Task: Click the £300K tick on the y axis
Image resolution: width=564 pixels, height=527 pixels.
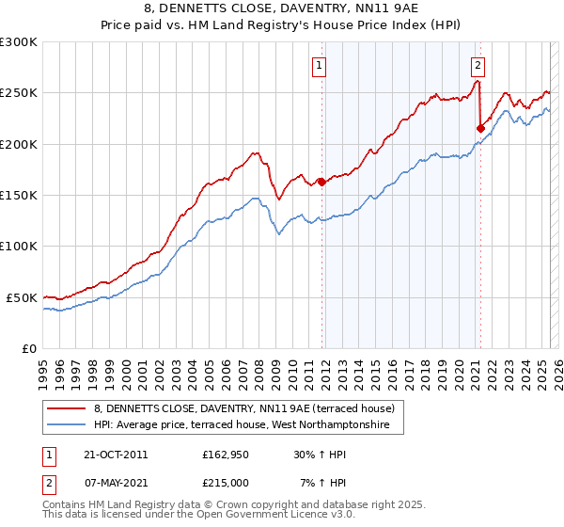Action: pyautogui.click(x=19, y=42)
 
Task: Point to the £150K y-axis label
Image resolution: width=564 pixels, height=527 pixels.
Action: pyautogui.click(x=19, y=195)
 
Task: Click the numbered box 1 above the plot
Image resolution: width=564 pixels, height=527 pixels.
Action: pyautogui.click(x=321, y=65)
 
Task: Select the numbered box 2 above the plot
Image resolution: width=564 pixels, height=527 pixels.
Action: pyautogui.click(x=478, y=65)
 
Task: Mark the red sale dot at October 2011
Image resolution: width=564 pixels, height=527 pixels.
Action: pyautogui.click(x=321, y=182)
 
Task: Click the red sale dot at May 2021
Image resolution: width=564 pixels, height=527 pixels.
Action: pyautogui.click(x=480, y=128)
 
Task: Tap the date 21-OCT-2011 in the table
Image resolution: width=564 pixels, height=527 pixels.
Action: pyautogui.click(x=116, y=455)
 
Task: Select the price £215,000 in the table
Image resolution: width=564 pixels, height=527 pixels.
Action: pyautogui.click(x=226, y=482)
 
